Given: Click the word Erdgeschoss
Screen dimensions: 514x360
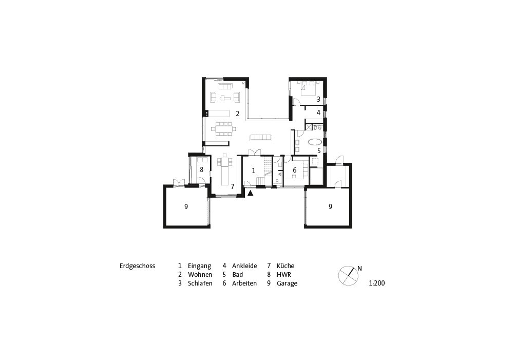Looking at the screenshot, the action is point(137,266).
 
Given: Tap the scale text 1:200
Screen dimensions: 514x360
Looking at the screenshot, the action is point(377,283).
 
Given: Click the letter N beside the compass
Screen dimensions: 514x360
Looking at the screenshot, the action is point(359,269).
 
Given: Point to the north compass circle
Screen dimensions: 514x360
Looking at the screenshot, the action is point(348,276).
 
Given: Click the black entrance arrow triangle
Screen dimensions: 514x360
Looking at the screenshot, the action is point(251,193).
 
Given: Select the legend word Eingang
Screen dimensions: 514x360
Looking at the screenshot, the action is point(199,266).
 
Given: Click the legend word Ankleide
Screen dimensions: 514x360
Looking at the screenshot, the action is point(244,266).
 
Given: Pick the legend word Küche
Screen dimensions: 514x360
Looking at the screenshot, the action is point(285,266).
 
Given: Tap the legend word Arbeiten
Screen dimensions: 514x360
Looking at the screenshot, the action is point(244,283).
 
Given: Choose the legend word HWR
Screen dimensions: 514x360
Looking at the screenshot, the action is point(284,274).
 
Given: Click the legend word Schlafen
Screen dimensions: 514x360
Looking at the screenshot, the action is point(200,283).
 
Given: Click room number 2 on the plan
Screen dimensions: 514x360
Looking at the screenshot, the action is point(237,114).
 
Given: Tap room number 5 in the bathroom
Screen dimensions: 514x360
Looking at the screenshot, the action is point(319,151).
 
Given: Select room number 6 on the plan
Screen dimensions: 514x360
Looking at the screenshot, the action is point(295,170).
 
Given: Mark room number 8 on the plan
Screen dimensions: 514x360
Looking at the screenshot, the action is point(202,169).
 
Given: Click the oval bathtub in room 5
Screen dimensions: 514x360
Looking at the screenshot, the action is point(315,142).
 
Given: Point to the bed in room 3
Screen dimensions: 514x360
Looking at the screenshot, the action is point(308,88).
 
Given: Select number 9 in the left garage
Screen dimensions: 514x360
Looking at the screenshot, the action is point(186,206).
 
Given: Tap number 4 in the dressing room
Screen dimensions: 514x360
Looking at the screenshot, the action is point(318,113).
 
